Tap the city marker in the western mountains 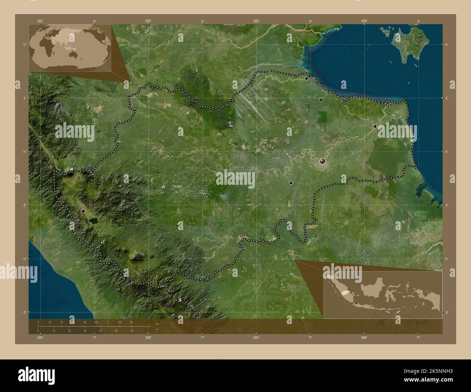[x=83, y=211]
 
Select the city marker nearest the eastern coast [x=375, y=126]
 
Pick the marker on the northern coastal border [x=307, y=78]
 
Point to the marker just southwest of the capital [x=291, y=183]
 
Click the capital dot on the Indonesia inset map [x=356, y=303]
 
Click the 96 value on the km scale [x=132, y=322]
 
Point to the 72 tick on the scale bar [x=108, y=322]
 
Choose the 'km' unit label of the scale [x=157, y=324]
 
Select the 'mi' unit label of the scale [x=157, y=329]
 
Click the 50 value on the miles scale [x=116, y=331]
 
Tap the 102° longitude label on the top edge [x=148, y=21]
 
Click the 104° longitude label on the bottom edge [x=364, y=337]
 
